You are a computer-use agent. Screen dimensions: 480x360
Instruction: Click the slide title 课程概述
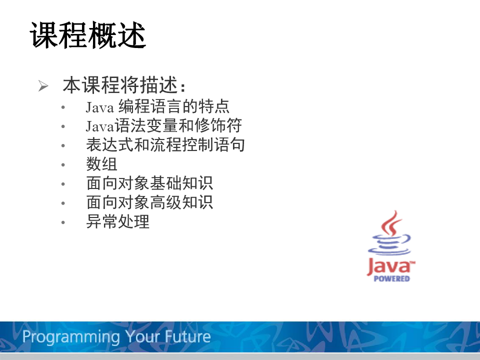click(x=88, y=35)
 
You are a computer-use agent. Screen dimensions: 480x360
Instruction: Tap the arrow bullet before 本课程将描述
click(x=43, y=85)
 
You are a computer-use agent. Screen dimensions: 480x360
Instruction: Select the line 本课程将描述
click(x=124, y=85)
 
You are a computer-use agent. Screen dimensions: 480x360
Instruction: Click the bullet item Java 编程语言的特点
click(x=157, y=106)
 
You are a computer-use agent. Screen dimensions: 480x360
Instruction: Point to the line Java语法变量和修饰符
click(x=164, y=125)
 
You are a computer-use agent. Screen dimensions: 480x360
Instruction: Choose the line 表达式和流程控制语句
click(x=165, y=145)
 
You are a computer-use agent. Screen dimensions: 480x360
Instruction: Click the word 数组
click(x=101, y=164)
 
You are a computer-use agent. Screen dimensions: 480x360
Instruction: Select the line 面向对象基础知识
click(x=149, y=183)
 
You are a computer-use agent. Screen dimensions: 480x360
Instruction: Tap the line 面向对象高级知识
click(x=149, y=202)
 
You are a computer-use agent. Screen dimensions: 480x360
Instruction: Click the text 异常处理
click(x=118, y=221)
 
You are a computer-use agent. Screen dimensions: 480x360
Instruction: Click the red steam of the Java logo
click(x=391, y=222)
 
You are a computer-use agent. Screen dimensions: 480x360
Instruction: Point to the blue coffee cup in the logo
click(x=389, y=245)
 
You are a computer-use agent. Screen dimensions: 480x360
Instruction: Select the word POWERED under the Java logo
click(x=391, y=278)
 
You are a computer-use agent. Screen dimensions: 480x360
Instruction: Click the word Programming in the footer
click(x=71, y=337)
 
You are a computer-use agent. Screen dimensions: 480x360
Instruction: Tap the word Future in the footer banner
click(x=187, y=336)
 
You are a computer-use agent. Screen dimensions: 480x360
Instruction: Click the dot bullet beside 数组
click(x=63, y=164)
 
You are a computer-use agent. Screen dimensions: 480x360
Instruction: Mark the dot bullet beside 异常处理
click(x=63, y=222)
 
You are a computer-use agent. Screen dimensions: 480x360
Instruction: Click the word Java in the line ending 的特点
click(x=100, y=107)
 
